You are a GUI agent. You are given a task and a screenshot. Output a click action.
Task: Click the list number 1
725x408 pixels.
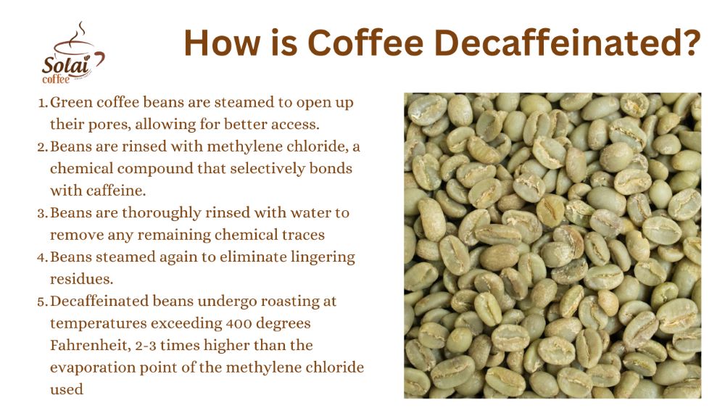click(x=43, y=103)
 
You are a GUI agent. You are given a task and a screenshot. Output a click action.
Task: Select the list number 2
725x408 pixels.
click(x=43, y=146)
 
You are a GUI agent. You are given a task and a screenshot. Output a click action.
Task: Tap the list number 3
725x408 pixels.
click(x=43, y=213)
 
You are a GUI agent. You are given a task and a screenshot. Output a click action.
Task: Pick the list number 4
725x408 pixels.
click(x=43, y=257)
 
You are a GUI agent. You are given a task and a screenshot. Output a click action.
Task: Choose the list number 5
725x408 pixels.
click(x=43, y=301)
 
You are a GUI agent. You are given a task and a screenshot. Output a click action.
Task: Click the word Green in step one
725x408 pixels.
click(x=70, y=103)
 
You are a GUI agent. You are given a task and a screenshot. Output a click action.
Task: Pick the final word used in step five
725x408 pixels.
click(x=66, y=389)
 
